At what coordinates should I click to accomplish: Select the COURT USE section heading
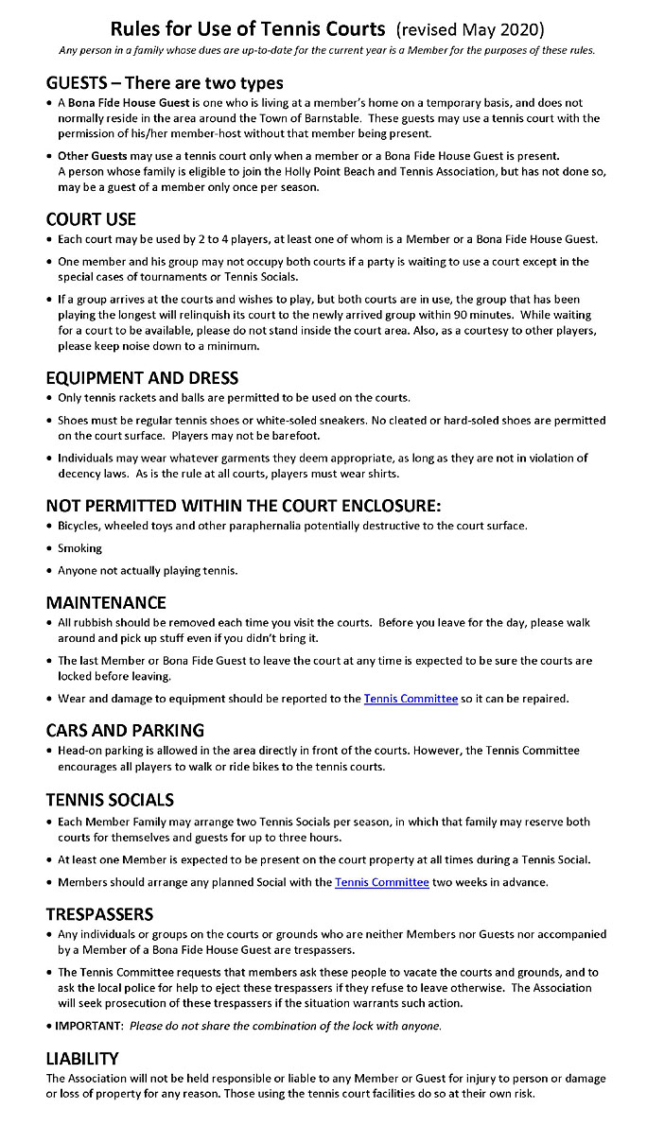(x=91, y=218)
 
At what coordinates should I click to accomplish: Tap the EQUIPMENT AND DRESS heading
(x=143, y=377)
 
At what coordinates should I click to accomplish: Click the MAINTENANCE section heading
(x=106, y=602)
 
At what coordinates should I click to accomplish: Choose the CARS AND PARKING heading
(x=125, y=730)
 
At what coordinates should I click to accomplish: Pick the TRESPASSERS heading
(x=99, y=913)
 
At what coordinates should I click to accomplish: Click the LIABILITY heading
(x=81, y=1058)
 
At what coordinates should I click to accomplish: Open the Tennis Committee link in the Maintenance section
(x=411, y=699)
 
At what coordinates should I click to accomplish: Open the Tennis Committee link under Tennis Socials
(x=382, y=882)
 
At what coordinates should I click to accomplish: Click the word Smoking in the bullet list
(x=79, y=548)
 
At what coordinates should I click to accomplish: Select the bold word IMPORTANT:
(x=90, y=1026)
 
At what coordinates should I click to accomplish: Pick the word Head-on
(x=81, y=751)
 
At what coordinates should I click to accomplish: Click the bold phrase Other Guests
(x=93, y=156)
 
